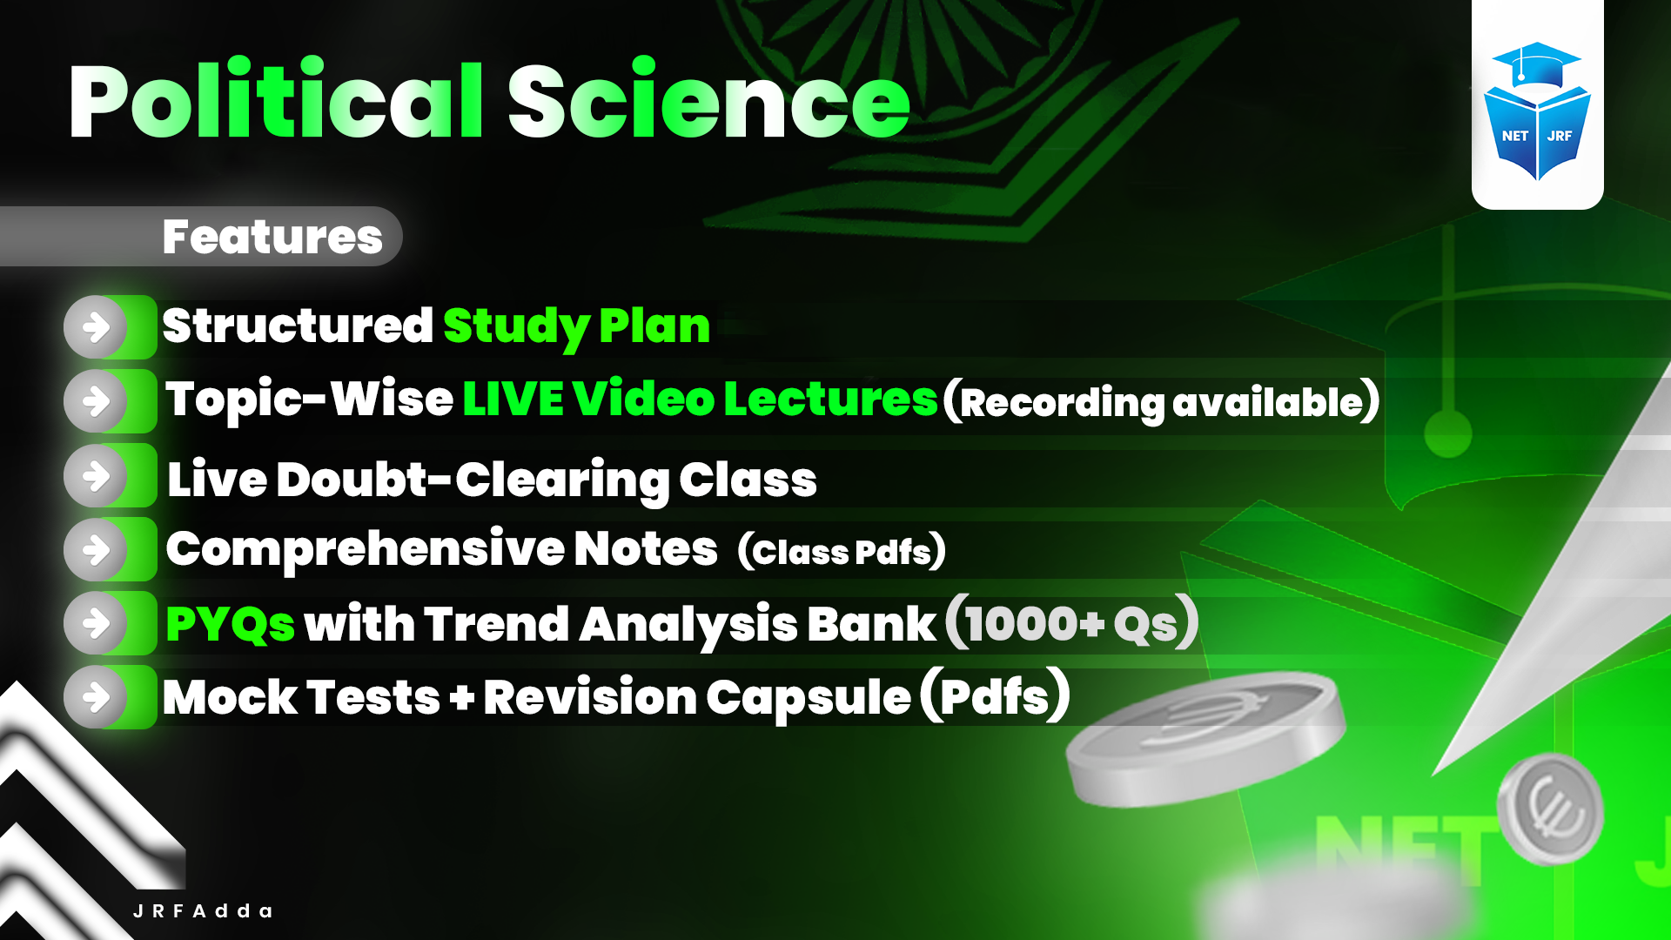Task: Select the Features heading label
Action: click(x=272, y=237)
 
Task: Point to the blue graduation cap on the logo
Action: click(x=1536, y=63)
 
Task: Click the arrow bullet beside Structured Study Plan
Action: click(x=97, y=327)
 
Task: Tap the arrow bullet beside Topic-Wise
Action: click(x=97, y=401)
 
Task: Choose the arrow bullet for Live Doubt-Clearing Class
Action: click(x=97, y=476)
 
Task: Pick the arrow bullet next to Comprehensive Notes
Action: click(x=97, y=550)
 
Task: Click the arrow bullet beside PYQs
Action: click(x=97, y=623)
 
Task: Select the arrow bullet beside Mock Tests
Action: click(x=97, y=697)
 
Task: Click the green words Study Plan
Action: click(x=576, y=326)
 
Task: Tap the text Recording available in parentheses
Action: click(x=1161, y=402)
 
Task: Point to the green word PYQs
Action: click(x=230, y=624)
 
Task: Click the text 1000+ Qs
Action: click(x=1071, y=623)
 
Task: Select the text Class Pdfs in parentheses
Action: click(x=841, y=552)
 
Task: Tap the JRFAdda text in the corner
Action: click(x=203, y=911)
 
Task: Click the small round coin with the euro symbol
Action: click(x=1552, y=809)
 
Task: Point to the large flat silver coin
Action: click(x=1205, y=740)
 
